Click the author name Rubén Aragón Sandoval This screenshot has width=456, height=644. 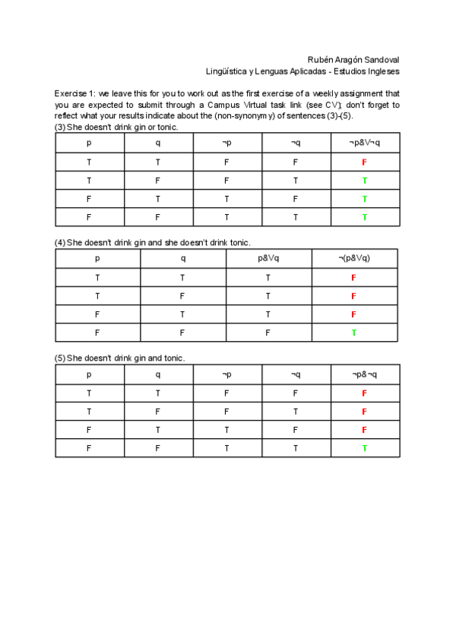353,59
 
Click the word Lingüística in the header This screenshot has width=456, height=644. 226,71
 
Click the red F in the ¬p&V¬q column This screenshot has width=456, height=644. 365,163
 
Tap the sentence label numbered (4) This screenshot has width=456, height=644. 60,242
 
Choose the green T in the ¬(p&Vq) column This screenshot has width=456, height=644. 354,333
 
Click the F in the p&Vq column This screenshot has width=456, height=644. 268,333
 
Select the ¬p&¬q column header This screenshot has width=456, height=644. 365,374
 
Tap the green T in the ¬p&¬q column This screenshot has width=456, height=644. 365,448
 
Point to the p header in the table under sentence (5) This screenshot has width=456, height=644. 89,374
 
